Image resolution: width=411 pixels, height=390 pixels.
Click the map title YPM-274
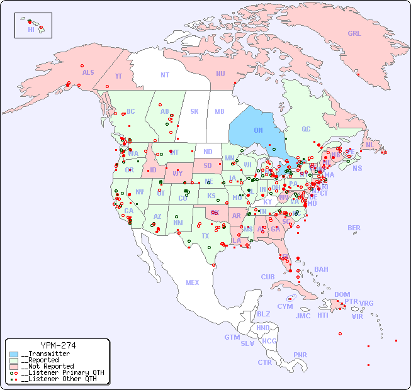click(58, 345)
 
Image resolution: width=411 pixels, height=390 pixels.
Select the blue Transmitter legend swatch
click(14, 354)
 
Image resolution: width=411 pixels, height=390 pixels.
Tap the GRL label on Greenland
click(354, 34)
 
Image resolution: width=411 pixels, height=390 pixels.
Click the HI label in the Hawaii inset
click(31, 30)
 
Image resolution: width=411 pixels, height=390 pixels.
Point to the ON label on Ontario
click(258, 130)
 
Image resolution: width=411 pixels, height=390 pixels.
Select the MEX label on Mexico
click(193, 282)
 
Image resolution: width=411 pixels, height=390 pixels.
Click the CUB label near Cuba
click(267, 277)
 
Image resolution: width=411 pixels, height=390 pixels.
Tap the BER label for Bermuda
click(354, 228)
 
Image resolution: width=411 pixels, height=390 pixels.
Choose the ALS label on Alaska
click(88, 72)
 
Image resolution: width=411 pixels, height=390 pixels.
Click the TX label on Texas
click(205, 236)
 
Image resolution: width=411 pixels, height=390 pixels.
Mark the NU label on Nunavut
click(220, 74)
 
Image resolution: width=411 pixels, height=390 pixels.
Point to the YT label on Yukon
click(118, 76)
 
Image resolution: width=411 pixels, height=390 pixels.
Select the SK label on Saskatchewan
click(194, 111)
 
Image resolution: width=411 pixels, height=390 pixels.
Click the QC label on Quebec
click(306, 129)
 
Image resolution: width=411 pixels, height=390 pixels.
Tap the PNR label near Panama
click(300, 355)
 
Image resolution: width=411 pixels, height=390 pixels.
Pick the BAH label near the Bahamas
click(321, 269)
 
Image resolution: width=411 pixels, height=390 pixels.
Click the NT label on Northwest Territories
click(165, 74)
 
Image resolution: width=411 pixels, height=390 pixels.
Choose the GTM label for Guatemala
click(232, 337)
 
